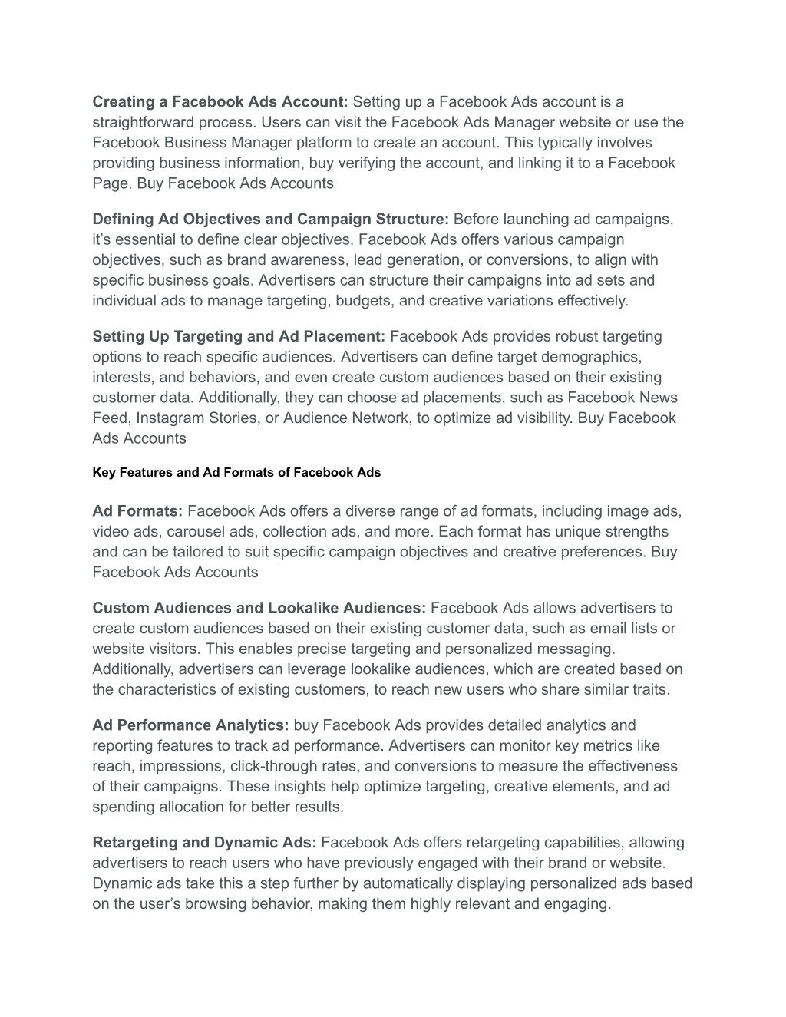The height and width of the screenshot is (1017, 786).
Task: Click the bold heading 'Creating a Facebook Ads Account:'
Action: point(220,102)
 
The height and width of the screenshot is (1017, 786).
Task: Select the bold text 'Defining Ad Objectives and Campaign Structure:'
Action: point(271,220)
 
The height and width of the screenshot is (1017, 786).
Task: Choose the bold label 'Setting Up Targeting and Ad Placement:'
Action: point(239,337)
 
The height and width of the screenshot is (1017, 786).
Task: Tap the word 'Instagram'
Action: point(169,418)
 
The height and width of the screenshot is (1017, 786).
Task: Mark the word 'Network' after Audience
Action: point(381,418)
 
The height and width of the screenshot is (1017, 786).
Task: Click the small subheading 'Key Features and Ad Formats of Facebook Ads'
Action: point(236,473)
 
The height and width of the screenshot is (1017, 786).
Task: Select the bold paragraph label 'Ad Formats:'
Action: point(137,511)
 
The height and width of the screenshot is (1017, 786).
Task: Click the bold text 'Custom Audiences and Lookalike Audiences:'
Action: point(259,609)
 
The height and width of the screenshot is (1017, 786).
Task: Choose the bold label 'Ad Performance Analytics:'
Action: point(190,725)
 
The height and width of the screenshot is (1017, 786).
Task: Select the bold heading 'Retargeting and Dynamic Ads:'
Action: point(204,843)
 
